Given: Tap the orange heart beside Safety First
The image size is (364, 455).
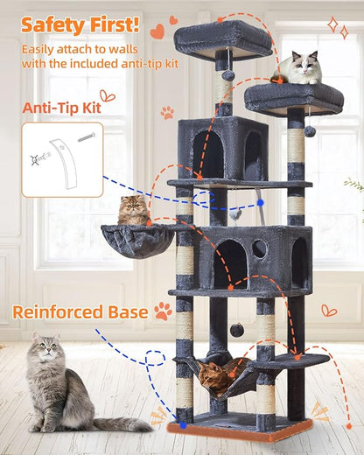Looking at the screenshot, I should pos(157,31).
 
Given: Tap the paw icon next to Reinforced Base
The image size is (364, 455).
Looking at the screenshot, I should pos(163,311).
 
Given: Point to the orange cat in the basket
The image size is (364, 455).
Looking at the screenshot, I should pos(132,211).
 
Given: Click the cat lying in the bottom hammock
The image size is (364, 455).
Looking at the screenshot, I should pos(215,375).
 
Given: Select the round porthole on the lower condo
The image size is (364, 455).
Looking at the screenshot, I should pos(260,249).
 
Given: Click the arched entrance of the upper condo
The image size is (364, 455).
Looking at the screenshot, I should pos(211,153).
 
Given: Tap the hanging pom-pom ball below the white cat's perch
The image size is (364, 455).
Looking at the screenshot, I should pos(310,131).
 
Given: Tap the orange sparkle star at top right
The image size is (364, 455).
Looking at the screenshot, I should pos(332,24).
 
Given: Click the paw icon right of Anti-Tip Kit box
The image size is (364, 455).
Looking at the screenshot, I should pos(166,112).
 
